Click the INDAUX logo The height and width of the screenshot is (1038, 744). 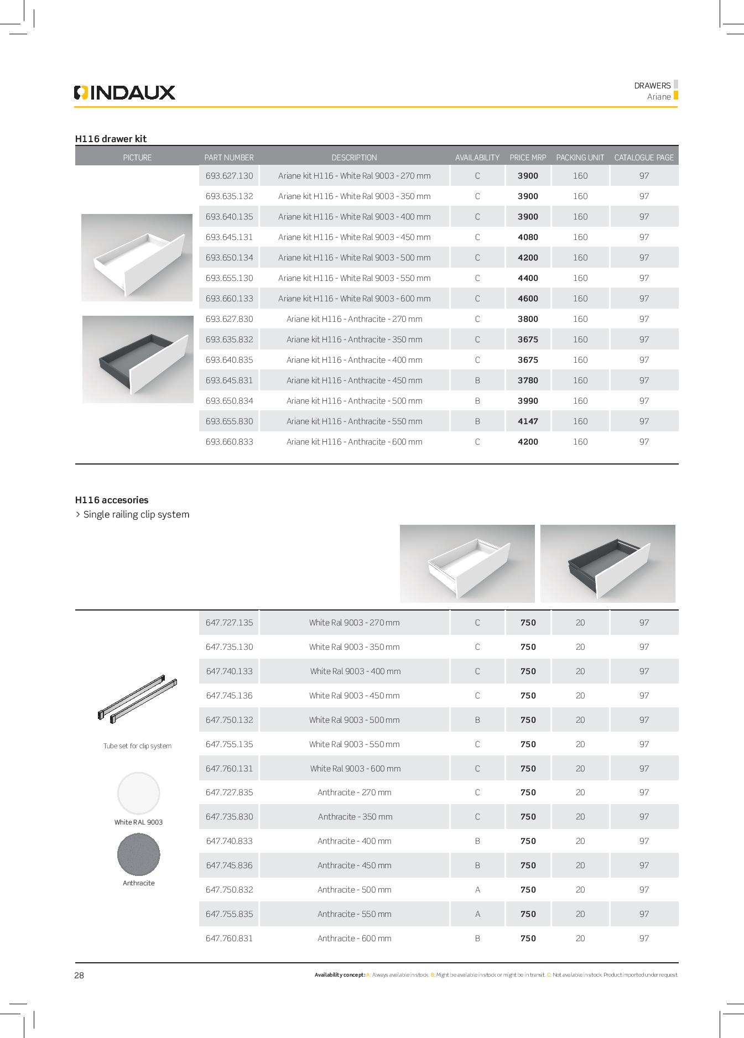coord(124,92)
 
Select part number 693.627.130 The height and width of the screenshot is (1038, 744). coord(229,176)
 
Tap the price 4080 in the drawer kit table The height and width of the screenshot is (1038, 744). coord(528,237)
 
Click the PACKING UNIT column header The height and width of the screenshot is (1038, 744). coord(580,158)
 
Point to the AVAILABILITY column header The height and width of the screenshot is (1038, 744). coord(477,158)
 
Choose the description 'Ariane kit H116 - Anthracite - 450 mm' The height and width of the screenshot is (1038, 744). coord(354,380)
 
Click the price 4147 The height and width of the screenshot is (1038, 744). coord(528,421)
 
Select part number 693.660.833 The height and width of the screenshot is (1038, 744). coord(229,442)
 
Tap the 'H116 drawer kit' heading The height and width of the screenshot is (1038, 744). coord(111,139)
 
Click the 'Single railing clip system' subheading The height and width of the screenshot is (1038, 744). coord(136,514)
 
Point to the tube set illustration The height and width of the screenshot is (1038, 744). coord(137,698)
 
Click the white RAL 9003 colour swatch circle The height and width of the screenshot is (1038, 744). coord(138,793)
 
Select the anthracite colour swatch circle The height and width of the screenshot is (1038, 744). coord(138,854)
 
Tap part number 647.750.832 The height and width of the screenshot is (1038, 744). coord(229,890)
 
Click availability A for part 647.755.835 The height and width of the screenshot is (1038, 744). coord(477,914)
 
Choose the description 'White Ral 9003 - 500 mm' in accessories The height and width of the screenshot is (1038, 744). coord(354,720)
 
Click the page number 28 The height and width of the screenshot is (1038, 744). coord(79,976)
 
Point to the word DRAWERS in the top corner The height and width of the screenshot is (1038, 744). coord(652,86)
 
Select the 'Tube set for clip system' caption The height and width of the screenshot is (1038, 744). coord(137,746)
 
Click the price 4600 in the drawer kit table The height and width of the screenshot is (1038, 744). coord(528,299)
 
